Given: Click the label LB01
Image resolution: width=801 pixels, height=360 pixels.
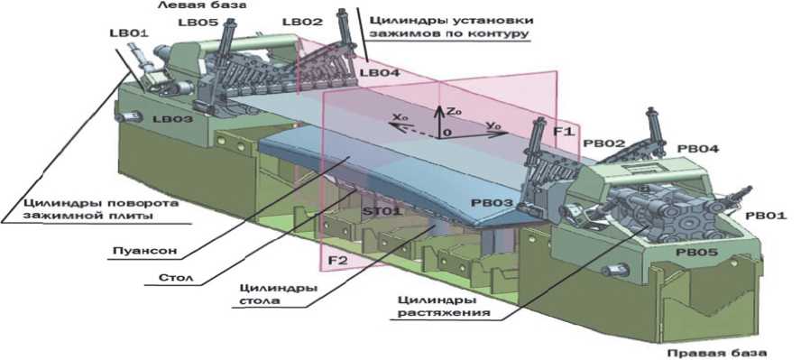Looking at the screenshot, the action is pos(128,33).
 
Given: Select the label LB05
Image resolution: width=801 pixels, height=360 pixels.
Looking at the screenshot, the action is pos(198,23).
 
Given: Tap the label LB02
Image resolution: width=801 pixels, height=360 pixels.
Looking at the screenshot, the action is pos(303,22).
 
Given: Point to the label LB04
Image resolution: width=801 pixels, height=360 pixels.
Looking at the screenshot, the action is pos(380,73).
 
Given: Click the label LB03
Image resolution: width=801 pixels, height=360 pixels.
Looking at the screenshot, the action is pos(173,119).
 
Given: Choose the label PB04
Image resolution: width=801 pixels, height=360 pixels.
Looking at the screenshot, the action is pos(698,149).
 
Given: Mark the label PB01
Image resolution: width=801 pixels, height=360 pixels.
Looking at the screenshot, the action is pos(766,216).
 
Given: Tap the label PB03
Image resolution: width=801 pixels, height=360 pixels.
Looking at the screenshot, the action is pos(493,203).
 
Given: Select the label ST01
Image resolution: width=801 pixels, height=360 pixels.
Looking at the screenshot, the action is pos(382,211).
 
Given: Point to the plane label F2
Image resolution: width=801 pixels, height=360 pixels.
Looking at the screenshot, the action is pos(337,261).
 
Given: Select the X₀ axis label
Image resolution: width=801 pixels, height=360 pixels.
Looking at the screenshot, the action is pos(399,117).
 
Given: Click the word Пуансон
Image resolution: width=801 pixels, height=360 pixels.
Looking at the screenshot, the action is pos(145,251).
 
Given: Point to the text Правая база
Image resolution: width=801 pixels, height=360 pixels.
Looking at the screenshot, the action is pos(717,353).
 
